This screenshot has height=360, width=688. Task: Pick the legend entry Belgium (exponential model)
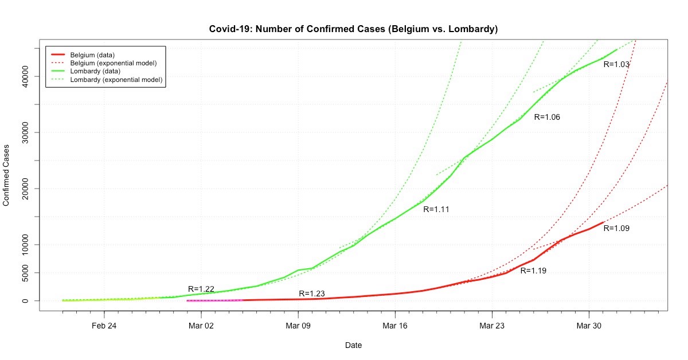113,62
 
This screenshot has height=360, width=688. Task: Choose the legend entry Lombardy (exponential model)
115,79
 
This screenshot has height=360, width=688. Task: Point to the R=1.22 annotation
201,289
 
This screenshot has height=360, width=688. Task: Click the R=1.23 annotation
312,294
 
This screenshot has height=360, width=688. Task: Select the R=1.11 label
436,209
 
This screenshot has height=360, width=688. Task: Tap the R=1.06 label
547,117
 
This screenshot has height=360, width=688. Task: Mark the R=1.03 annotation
616,65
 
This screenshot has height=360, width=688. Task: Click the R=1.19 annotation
533,270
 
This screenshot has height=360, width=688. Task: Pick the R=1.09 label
616,228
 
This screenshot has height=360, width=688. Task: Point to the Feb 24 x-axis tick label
104,326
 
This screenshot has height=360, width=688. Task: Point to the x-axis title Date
353,345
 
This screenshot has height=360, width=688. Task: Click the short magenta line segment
215,300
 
